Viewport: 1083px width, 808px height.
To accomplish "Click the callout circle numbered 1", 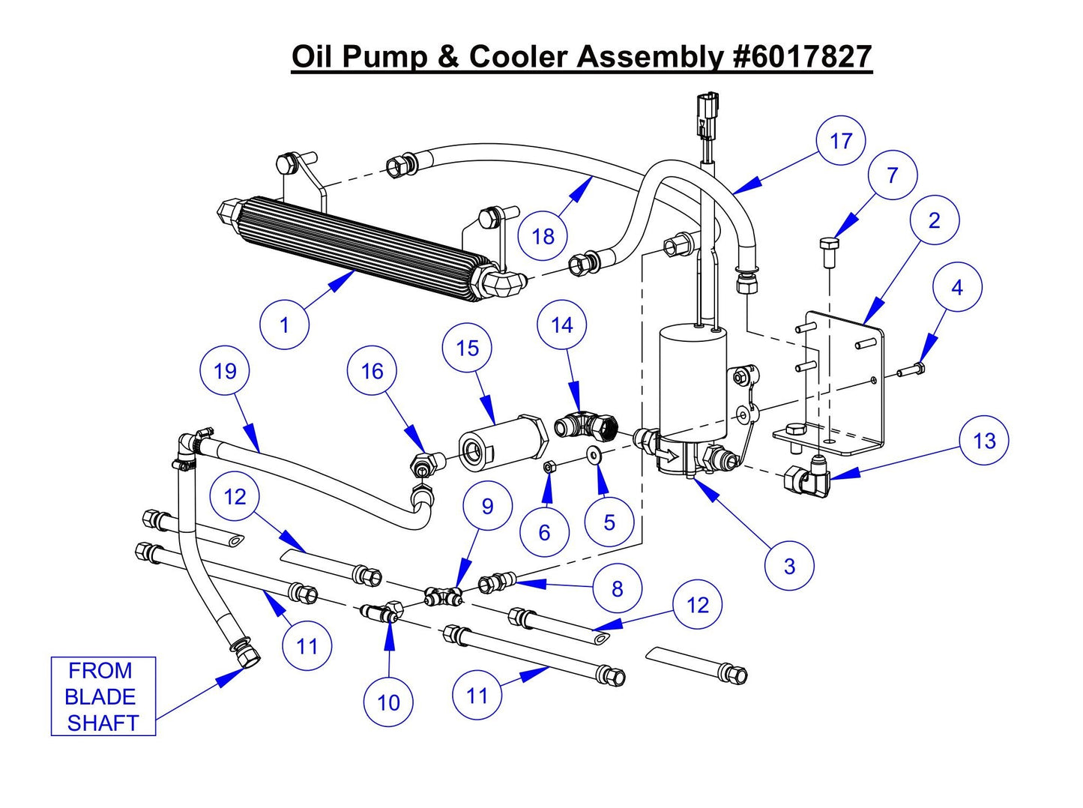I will (x=284, y=325).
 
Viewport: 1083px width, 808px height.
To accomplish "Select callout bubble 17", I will (x=841, y=141).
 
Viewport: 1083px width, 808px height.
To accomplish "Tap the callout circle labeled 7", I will (x=892, y=175).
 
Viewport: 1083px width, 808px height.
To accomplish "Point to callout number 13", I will (x=983, y=441).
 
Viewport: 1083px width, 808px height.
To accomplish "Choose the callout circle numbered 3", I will (x=789, y=566).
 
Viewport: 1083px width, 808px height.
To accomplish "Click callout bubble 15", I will (x=467, y=348).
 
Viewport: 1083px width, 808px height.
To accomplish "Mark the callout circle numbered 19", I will (x=225, y=371).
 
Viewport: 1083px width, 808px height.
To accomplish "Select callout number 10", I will (x=388, y=702).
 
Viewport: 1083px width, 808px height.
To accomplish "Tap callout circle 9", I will (x=487, y=507).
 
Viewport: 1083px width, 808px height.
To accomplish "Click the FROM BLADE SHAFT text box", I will (x=103, y=696).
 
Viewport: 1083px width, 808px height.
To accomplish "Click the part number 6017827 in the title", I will (x=802, y=57).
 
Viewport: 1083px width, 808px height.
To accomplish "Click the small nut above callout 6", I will (x=548, y=467).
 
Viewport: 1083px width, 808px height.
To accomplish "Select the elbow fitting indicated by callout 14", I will (x=586, y=426).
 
